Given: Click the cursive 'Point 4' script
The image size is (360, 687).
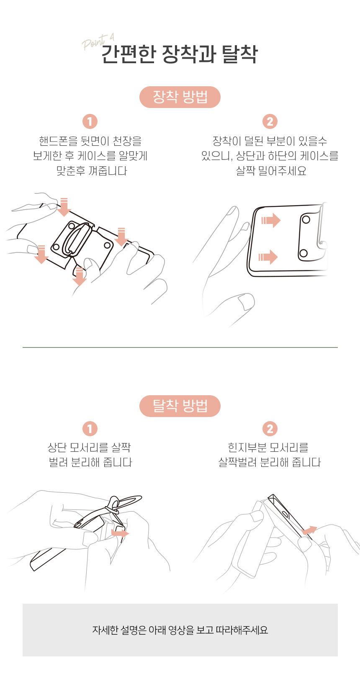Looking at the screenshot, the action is point(98,42).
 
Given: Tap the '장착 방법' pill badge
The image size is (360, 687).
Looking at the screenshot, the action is point(180,97).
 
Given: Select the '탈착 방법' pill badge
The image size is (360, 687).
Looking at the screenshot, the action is point(180,406).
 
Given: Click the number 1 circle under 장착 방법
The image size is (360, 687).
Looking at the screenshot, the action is point(90,121).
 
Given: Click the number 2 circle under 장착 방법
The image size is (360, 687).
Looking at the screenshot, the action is point(270,121).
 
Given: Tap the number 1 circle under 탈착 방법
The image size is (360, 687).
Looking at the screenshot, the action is point(90,429).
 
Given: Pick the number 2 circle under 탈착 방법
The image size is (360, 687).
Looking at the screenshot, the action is point(270,429).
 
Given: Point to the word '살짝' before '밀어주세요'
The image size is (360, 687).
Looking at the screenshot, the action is point(246,171).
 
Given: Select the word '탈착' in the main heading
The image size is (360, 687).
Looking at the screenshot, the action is point(239,54).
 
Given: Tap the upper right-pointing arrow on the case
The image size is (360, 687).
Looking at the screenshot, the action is point(271,220).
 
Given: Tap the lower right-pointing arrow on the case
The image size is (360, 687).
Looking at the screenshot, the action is point(268,257).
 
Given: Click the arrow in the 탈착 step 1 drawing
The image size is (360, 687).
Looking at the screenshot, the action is point(120,533).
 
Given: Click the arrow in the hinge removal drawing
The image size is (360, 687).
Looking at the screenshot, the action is point(309,530).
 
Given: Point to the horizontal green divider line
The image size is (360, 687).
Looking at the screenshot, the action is point(180,347).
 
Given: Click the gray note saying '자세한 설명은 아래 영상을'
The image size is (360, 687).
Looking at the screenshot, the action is point(180,630).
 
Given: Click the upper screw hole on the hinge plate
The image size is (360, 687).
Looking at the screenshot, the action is point(306,220).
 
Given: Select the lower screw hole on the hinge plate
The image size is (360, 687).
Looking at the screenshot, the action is point(303,253).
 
